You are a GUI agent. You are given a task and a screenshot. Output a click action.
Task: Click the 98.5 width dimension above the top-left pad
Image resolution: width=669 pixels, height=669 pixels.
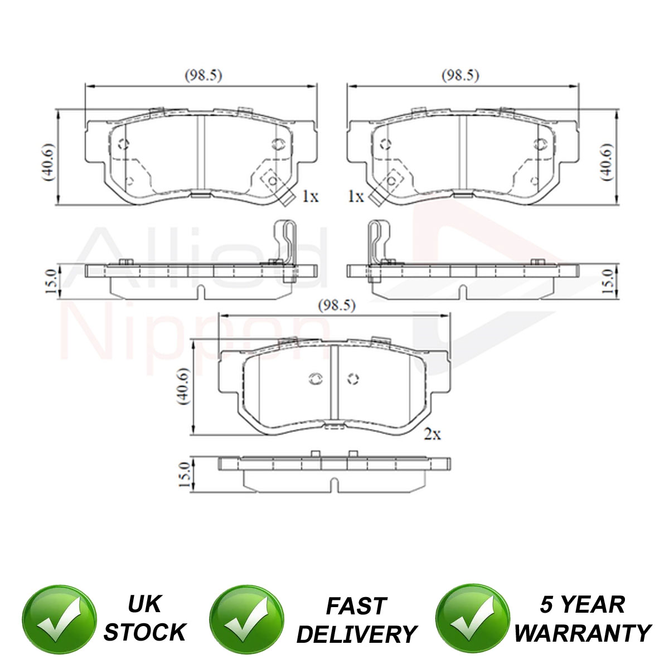pos(203,75)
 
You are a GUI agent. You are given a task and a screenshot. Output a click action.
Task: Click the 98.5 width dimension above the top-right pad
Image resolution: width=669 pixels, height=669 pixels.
pos(460,75)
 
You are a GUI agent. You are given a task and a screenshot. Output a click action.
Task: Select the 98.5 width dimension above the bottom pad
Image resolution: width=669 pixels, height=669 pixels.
pos(337,306)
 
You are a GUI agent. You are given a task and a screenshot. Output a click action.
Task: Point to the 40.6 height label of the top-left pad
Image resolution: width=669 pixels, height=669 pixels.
pos(49,162)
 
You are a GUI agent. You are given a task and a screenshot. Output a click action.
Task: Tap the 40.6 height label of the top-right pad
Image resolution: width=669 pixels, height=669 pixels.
pos(607,162)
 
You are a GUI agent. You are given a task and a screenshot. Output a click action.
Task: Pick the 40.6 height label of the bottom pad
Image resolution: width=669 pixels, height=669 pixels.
pos(183,386)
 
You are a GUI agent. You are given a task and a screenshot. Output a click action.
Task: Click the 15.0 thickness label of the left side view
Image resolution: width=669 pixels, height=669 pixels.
pos(51,282)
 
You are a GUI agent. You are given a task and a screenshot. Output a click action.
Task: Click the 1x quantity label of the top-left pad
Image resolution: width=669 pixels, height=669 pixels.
pos(310,196)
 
